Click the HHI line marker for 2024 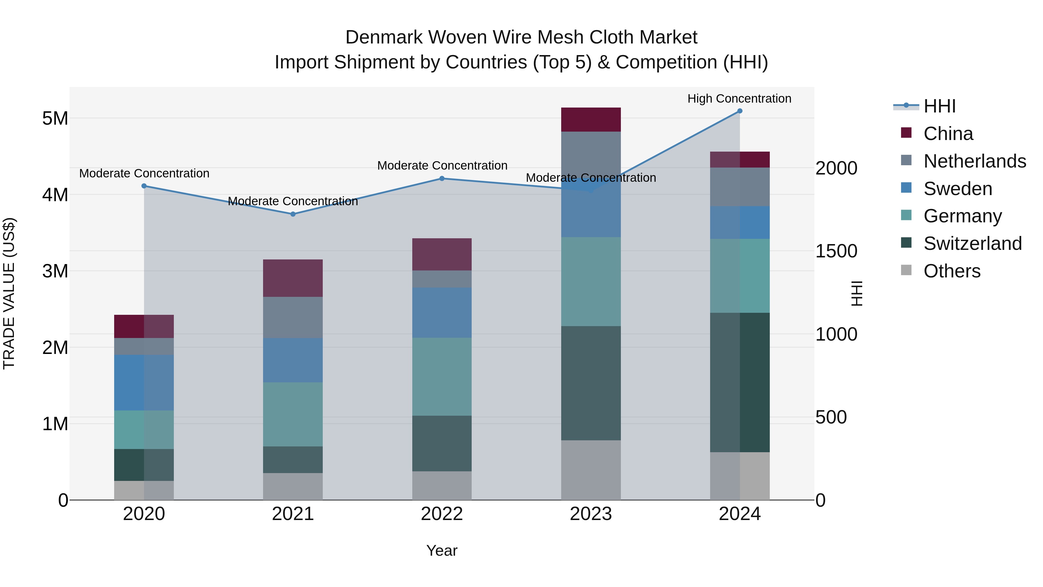(739, 111)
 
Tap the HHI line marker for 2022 (442, 178)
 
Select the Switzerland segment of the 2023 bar (591, 383)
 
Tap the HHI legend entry (939, 106)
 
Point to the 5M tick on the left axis (55, 118)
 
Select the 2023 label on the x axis (591, 514)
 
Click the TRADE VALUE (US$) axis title (9, 293)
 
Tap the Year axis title (442, 550)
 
